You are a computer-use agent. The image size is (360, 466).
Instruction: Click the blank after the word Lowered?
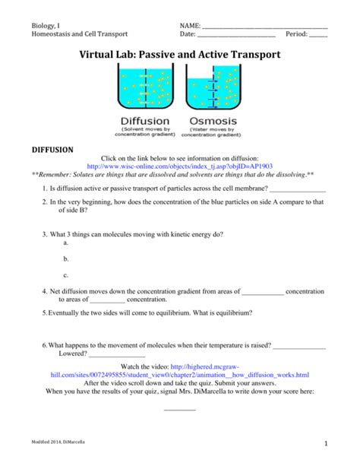pyautogui.click(x=117, y=354)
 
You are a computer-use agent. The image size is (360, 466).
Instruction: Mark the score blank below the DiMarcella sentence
pyautogui.click(x=180, y=408)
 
